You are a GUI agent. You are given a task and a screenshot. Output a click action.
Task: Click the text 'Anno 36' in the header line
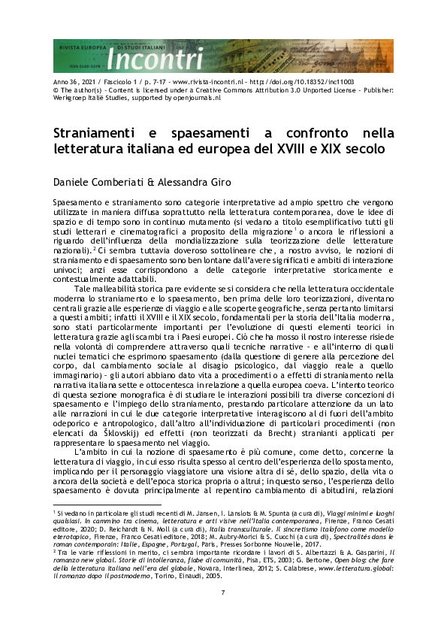point(65,82)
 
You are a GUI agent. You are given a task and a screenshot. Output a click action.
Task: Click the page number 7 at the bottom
point(223,613)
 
